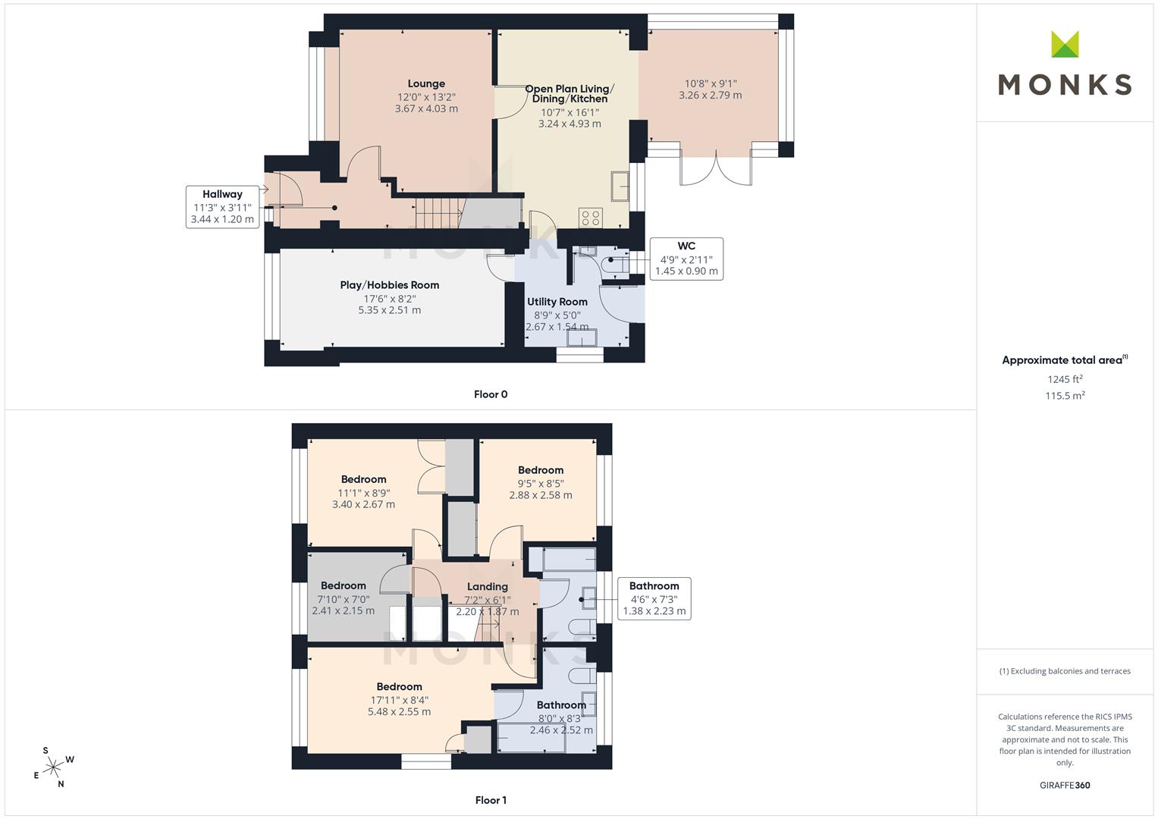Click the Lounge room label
pyautogui.click(x=426, y=83)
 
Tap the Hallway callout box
pyautogui.click(x=222, y=207)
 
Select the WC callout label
pyautogui.click(x=686, y=246)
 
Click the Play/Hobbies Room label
pyautogui.click(x=389, y=285)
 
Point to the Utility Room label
pyautogui.click(x=557, y=302)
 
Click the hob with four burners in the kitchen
pyautogui.click(x=590, y=218)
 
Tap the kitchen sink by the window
pyautogui.click(x=620, y=186)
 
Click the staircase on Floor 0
pyautogui.click(x=438, y=213)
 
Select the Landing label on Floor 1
pyautogui.click(x=487, y=586)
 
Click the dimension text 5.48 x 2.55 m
pyautogui.click(x=399, y=711)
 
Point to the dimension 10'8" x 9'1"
pyautogui.click(x=711, y=83)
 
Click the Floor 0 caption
pyautogui.click(x=491, y=394)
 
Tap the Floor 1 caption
pyautogui.click(x=491, y=800)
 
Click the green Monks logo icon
pyautogui.click(x=1065, y=44)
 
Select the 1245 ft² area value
pyautogui.click(x=1065, y=379)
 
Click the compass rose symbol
pyautogui.click(x=54, y=767)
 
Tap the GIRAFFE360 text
pyautogui.click(x=1065, y=786)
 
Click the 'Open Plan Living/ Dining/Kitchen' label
pyautogui.click(x=570, y=93)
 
